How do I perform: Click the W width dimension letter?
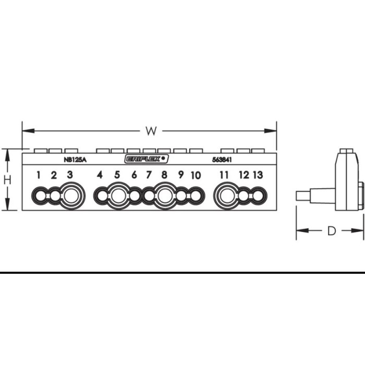coord(151,131)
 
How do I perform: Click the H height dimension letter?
coord(7,180)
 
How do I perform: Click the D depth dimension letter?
coord(332,230)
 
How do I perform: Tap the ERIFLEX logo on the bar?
coord(147,159)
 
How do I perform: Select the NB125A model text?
coord(75,160)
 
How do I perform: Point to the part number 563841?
coord(222,160)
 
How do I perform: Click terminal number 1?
coord(39,175)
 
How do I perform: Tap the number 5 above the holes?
coord(117,175)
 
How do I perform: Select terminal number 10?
coord(196,176)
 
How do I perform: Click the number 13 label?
coord(258,175)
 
